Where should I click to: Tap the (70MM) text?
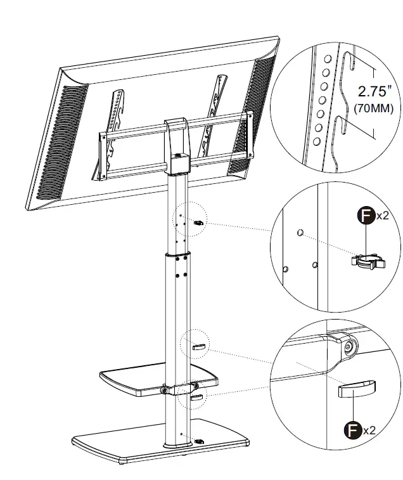point(373,108)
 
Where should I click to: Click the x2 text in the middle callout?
point(383,216)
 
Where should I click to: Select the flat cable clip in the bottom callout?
point(357,387)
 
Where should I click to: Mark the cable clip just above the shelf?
point(197,347)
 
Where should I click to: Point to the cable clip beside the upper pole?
point(198,223)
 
